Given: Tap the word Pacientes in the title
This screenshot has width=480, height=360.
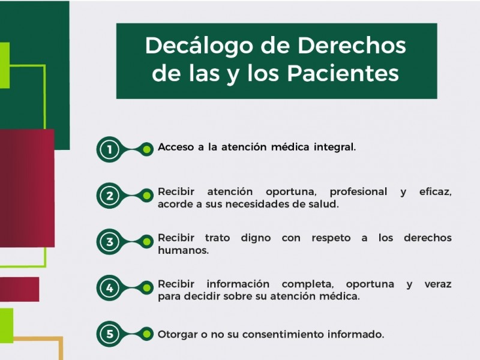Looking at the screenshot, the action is (x=343, y=73).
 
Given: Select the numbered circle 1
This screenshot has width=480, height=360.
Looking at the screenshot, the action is (x=110, y=149).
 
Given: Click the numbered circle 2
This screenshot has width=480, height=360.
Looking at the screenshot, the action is (x=110, y=196).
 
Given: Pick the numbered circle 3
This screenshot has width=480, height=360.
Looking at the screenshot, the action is (x=110, y=242).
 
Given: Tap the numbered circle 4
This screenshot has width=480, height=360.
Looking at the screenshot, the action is (x=110, y=288).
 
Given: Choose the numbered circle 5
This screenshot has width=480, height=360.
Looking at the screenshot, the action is (x=110, y=334).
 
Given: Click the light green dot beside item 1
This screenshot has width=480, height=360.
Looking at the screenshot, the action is (x=147, y=149).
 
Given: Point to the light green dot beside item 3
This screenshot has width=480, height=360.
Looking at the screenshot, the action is (x=147, y=242).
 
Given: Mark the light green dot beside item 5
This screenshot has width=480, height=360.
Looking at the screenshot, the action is (x=147, y=334).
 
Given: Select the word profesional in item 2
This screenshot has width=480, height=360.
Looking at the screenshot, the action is (x=358, y=192).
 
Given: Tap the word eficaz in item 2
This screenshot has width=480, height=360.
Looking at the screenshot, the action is (x=436, y=192).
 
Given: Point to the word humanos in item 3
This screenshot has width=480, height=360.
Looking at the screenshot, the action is (x=183, y=250).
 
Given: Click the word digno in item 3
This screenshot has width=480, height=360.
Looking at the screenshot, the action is (x=256, y=238).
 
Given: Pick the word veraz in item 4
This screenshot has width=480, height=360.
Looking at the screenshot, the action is (x=438, y=284).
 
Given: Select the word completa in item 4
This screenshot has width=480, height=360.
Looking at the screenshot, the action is (x=308, y=284).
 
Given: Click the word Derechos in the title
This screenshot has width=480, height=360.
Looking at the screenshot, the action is (x=352, y=46).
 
